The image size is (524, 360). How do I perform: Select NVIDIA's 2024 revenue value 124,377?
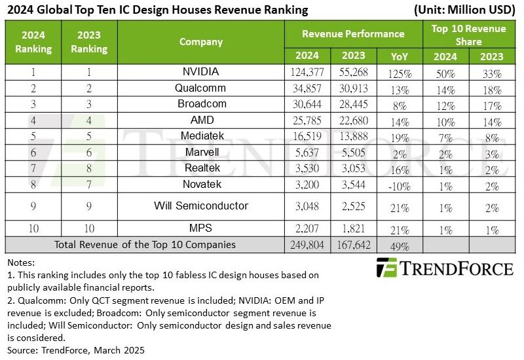307,72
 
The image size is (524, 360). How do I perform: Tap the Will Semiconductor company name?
201,206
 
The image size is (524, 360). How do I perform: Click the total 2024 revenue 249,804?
307,245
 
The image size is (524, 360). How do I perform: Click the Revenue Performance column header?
353,33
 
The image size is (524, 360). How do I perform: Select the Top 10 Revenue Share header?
469,33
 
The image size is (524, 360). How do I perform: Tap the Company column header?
201,42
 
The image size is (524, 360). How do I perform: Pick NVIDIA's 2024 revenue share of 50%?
446,72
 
